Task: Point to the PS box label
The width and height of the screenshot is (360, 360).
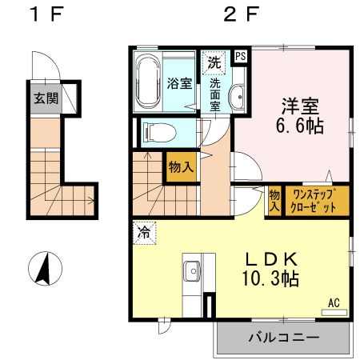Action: pos(241,57)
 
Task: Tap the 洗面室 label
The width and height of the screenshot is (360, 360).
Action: pos(215,94)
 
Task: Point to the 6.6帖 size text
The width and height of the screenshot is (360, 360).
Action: pos(301,126)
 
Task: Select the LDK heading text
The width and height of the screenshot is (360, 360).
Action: pos(271,260)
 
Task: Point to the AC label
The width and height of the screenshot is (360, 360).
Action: pos(334,303)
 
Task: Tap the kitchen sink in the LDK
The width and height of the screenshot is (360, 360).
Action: pos(192,273)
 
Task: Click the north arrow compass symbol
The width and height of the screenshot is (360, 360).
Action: pos(46,267)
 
